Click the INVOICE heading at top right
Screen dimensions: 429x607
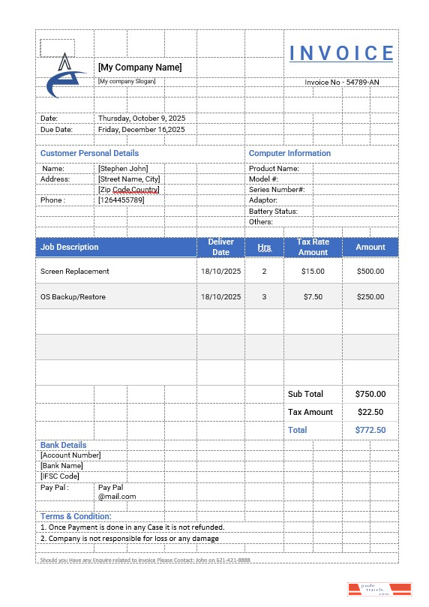point(341,53)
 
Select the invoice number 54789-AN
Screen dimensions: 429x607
point(341,82)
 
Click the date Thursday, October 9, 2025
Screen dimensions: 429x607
point(142,119)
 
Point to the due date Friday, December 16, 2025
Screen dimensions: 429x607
point(142,129)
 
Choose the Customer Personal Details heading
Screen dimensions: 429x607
point(89,153)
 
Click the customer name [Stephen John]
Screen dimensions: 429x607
point(123,169)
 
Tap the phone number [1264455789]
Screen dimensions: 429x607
point(121,200)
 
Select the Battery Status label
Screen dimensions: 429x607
point(273,212)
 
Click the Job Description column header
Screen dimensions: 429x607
point(69,247)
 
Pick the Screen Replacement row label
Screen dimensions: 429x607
point(74,272)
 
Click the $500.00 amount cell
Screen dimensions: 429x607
point(370,272)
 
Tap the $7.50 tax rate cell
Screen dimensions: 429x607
point(313,297)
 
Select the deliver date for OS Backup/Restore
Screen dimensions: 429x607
point(221,297)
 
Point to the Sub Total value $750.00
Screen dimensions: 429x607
point(370,394)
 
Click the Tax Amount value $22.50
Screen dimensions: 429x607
point(370,412)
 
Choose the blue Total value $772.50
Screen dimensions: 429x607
point(370,430)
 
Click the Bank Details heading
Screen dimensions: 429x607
point(63,445)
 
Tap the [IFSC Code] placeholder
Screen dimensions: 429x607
point(59,476)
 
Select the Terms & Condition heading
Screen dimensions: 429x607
point(76,516)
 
